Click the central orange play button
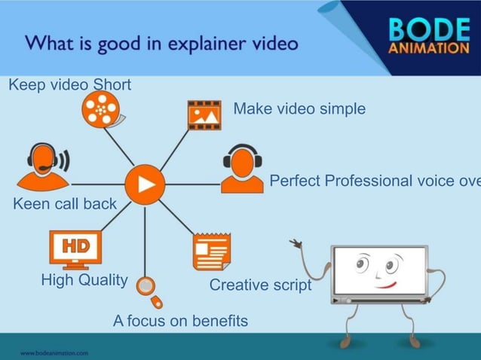point(144,185)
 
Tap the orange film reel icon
point(100,111)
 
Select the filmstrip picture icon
point(204,115)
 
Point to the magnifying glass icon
point(149,290)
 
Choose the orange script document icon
point(211,252)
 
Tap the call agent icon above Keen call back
point(43,166)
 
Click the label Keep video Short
point(69,84)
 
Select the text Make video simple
point(299,109)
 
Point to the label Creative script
point(260,285)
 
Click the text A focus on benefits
point(180,321)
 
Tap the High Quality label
point(84,280)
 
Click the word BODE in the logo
point(428,29)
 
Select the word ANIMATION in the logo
point(428,49)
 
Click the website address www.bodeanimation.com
point(54,352)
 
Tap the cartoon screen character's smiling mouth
point(385,285)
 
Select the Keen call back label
point(65,203)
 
